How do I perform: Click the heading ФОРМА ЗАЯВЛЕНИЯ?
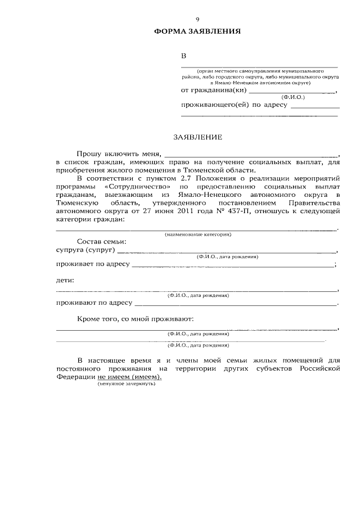click(x=197, y=31)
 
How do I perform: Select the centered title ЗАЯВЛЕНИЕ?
click(x=197, y=137)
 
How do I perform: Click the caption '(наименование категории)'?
click(x=197, y=233)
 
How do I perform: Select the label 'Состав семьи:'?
click(x=101, y=241)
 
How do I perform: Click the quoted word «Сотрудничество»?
click(x=138, y=186)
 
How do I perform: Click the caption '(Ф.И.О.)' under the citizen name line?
click(x=293, y=97)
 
